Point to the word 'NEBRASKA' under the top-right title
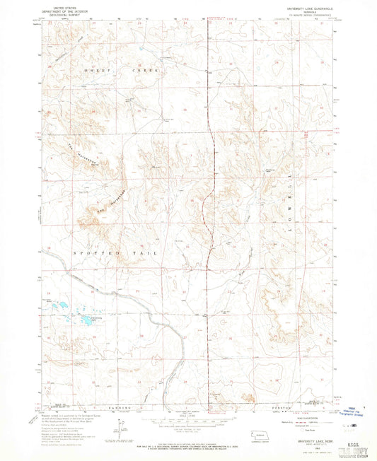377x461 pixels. pos(310,11)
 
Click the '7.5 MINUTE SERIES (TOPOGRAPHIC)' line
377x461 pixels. pos(310,14)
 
